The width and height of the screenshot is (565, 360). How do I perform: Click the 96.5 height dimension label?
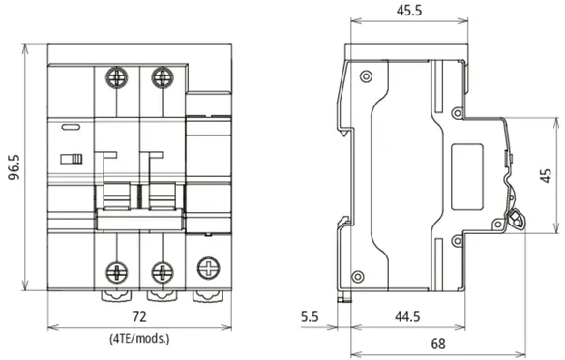click(x=15, y=167)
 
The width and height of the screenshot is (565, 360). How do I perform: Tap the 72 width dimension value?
click(x=139, y=316)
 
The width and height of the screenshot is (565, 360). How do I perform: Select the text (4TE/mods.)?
click(x=139, y=339)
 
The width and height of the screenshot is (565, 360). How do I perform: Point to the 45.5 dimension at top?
click(x=409, y=11)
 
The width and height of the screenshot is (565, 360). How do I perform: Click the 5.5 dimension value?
click(x=310, y=316)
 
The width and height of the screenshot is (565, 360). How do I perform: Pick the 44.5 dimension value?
click(x=407, y=316)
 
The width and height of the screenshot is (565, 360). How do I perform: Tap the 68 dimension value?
click(x=438, y=344)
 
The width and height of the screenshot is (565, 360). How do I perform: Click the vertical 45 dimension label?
click(x=547, y=175)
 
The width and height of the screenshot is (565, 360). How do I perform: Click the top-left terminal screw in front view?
click(x=116, y=77)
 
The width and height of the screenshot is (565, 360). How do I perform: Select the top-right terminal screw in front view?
click(x=163, y=77)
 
